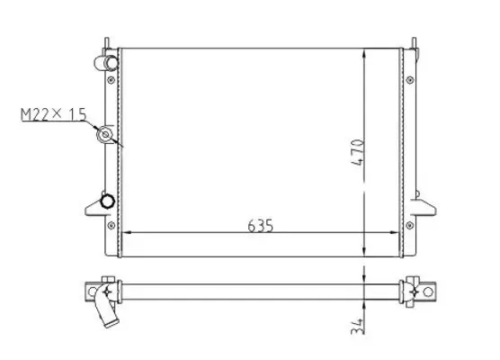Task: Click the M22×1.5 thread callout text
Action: click(52, 115)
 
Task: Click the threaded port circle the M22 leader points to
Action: click(107, 136)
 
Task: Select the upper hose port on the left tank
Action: click(107, 63)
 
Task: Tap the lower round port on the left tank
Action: click(108, 200)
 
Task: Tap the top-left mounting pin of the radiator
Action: click(106, 42)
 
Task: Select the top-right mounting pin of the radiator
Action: click(415, 42)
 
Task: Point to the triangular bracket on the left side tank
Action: click(94, 207)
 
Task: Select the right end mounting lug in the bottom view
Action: click(421, 292)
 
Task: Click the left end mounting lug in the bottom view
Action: click(99, 292)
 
